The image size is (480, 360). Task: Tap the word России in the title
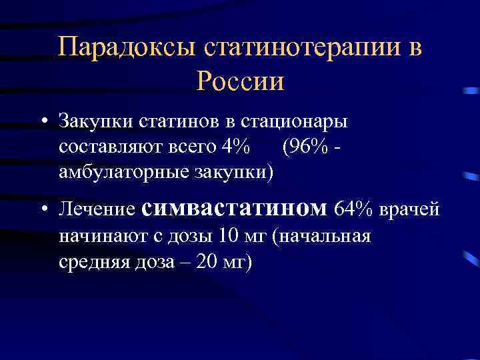[x=241, y=83]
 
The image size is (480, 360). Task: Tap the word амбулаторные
[x=123, y=171]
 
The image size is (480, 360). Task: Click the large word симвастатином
[x=235, y=209]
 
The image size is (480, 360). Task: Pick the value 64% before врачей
[x=354, y=210]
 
